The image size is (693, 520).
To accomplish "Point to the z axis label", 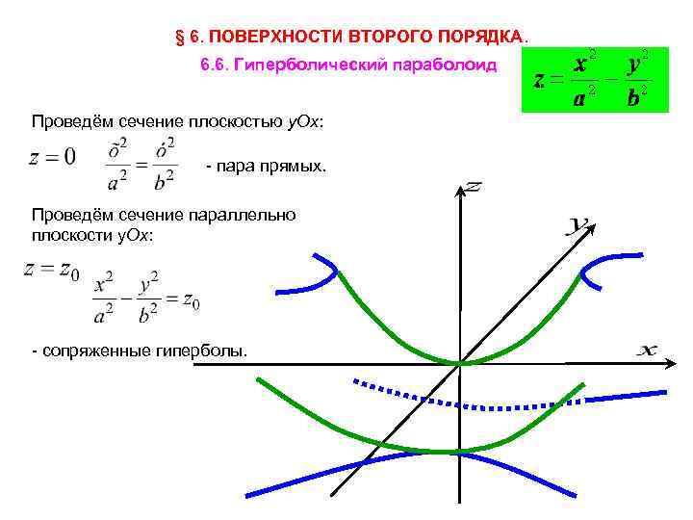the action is [473, 185].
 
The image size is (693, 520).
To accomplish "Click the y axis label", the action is [578, 225].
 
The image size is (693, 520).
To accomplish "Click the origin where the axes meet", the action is [461, 363].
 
